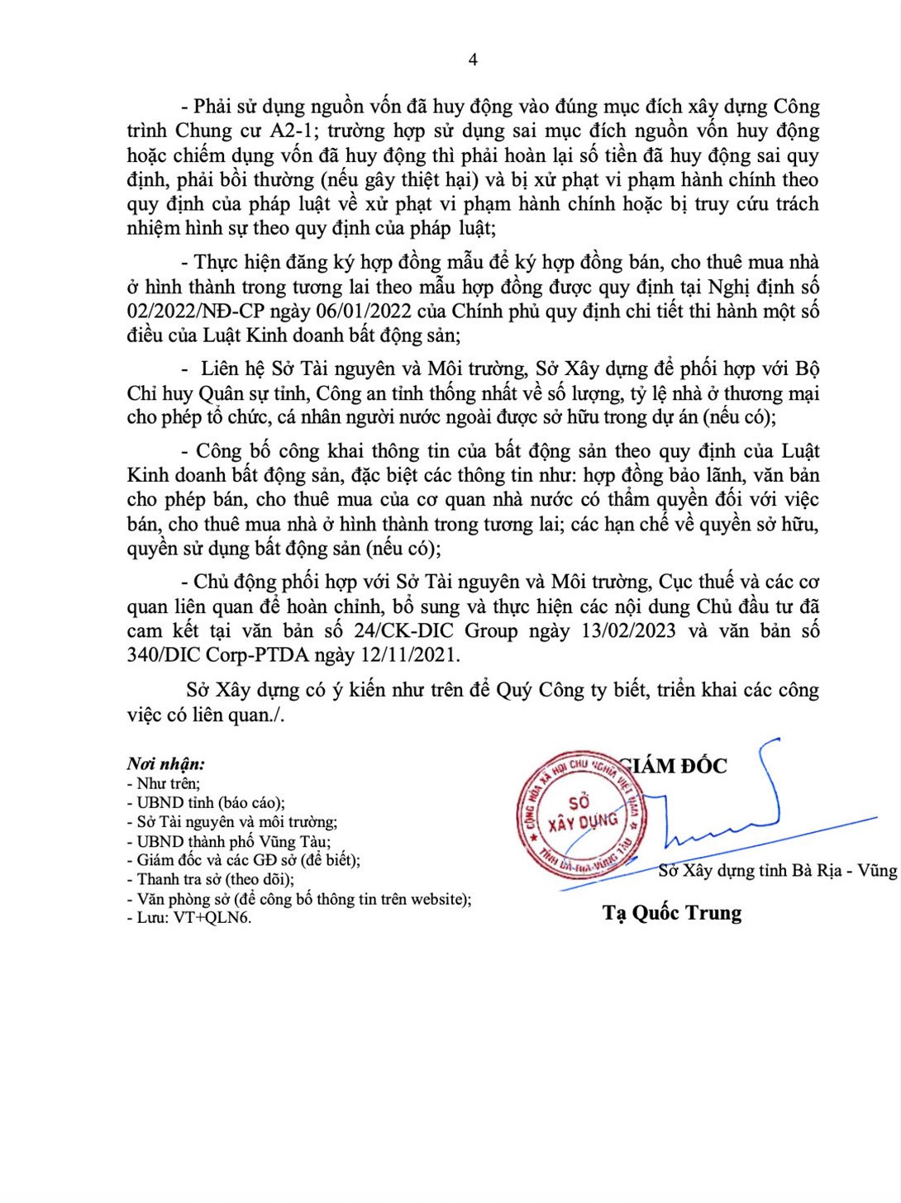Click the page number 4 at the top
click(473, 59)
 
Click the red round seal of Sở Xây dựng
click(581, 815)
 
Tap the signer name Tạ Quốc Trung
click(672, 913)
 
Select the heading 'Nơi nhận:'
click(166, 764)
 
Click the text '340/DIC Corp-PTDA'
click(217, 655)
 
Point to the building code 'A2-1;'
click(288, 131)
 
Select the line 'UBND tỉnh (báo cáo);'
click(210, 802)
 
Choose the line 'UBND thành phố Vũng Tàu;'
click(233, 841)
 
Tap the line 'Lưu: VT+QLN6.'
click(193, 917)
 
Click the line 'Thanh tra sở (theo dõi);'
click(215, 879)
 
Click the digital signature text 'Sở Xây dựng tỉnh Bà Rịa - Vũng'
click(777, 870)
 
